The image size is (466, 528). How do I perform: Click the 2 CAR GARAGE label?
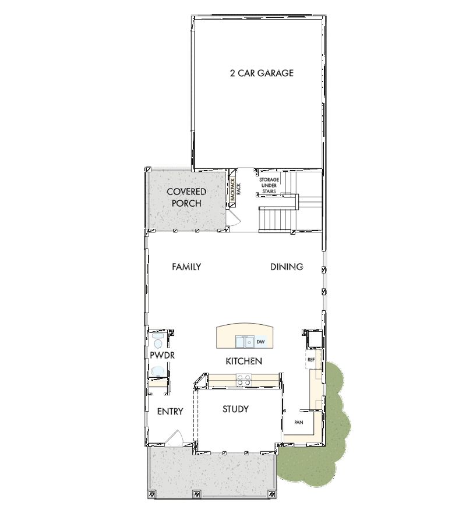coord(261,73)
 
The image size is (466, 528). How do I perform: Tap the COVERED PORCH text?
coord(186,197)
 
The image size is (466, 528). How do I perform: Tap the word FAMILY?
coord(186,267)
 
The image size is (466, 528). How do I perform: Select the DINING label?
coord(287,267)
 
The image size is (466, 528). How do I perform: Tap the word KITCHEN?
coord(243,362)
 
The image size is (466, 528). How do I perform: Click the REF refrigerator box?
coord(311,360)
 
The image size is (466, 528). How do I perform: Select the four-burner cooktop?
coord(243,380)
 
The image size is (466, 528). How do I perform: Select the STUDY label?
coord(235,409)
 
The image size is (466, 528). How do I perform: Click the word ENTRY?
coord(170,412)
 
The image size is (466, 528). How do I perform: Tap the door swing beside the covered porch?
coord(234,218)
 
